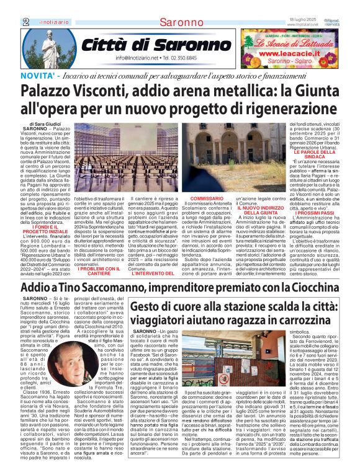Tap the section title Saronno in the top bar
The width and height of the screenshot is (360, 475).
point(179,22)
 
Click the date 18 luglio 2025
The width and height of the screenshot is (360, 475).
point(302,20)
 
